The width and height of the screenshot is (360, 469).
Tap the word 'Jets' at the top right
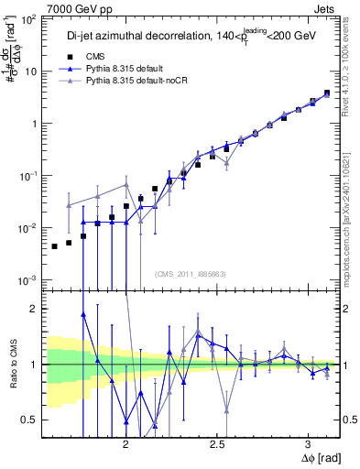point(328,7)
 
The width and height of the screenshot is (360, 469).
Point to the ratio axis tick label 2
point(36,309)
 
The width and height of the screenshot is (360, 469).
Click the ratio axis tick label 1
point(36,365)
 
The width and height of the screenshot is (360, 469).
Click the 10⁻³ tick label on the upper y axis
point(30,279)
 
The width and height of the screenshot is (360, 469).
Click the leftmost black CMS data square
point(55,246)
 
